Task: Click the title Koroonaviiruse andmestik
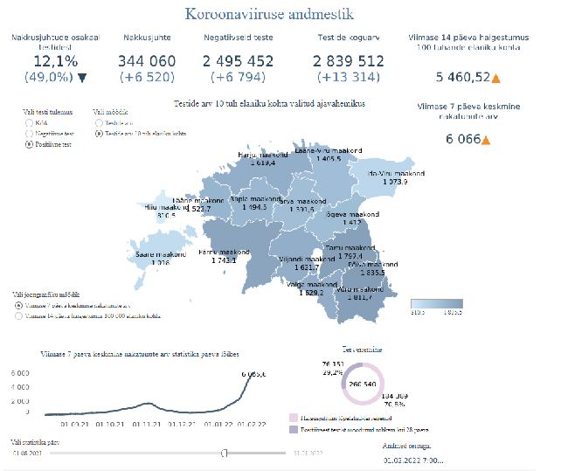tap(269, 14)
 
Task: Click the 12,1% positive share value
tap(55, 60)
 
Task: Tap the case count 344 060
tap(147, 60)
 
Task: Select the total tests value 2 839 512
tap(347, 60)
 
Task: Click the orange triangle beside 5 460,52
tap(496, 78)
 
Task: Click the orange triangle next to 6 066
tap(486, 140)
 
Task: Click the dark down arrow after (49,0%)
tap(82, 77)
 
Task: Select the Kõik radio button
tap(29, 123)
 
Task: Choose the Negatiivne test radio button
tap(29, 133)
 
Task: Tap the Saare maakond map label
tap(159, 254)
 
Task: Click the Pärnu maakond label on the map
tap(224, 253)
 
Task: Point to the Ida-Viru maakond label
tap(395, 174)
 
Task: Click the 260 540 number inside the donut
tap(363, 383)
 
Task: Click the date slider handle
tap(225, 453)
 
